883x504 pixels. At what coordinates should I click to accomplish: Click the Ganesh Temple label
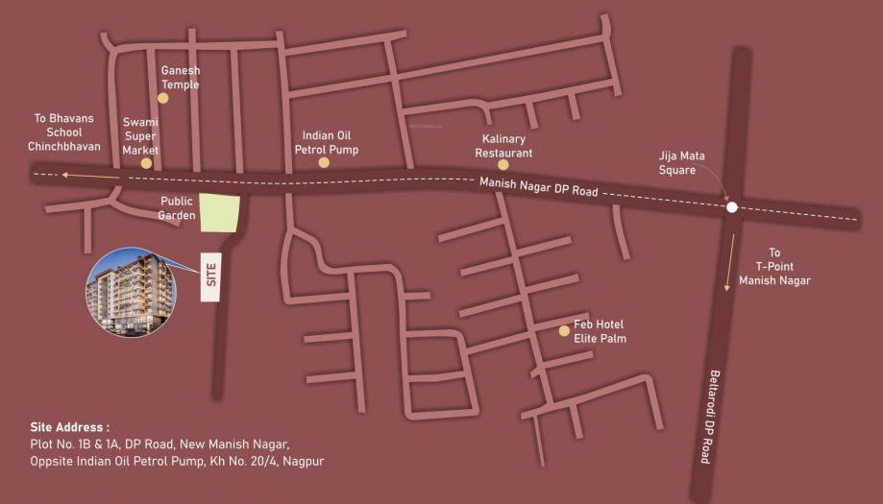click(180, 78)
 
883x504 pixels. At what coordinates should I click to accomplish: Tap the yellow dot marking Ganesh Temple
click(163, 98)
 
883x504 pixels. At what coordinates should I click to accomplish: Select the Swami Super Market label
click(140, 136)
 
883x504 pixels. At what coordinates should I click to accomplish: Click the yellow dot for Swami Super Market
click(146, 163)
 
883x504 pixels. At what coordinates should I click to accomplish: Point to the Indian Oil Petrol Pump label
click(326, 143)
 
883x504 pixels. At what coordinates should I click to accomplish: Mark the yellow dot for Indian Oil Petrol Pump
click(324, 163)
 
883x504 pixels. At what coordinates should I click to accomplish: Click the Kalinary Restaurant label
click(503, 146)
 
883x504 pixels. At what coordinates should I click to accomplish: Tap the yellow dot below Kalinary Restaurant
click(503, 165)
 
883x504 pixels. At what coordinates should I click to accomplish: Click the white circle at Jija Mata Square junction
click(732, 206)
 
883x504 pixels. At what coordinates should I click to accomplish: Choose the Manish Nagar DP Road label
click(538, 187)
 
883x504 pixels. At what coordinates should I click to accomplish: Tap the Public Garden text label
click(176, 208)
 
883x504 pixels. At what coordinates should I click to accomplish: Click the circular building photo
click(131, 293)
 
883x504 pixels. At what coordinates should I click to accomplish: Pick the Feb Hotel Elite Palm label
click(600, 331)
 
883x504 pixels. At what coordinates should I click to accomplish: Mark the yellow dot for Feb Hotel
click(565, 331)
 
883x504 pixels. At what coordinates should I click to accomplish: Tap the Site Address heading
click(69, 426)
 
